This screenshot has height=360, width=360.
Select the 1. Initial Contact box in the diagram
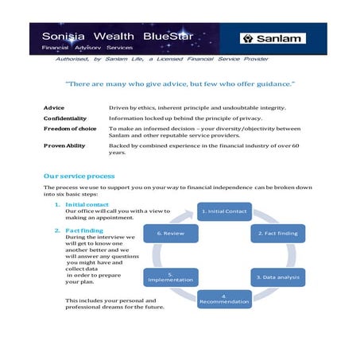click(x=224, y=211)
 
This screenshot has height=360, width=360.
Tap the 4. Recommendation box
click(x=224, y=299)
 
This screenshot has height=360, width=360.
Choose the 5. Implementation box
click(x=170, y=277)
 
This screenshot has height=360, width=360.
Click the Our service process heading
click(x=79, y=176)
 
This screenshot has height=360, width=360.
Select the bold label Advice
click(x=53, y=107)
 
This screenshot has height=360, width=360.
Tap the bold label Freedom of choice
click(x=70, y=128)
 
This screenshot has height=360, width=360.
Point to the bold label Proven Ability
click(x=64, y=146)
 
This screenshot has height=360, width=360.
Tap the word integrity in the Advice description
click(x=270, y=107)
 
